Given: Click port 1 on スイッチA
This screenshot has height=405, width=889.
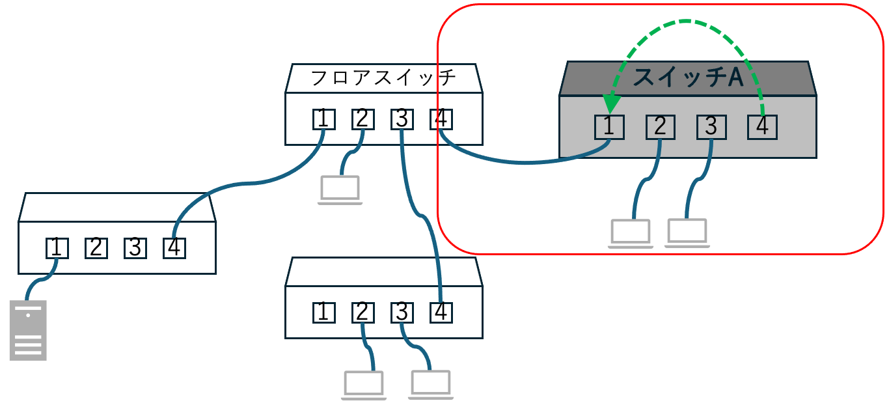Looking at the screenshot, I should (x=609, y=126).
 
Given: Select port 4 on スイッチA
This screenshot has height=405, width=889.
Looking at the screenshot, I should (x=762, y=126).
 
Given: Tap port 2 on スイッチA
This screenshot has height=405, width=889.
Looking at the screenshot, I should (x=660, y=126).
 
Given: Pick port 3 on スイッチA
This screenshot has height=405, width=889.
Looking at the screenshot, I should (x=711, y=126).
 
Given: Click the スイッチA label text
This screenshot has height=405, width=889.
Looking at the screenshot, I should (x=687, y=78).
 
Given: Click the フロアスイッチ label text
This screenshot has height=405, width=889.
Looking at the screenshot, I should (x=383, y=78).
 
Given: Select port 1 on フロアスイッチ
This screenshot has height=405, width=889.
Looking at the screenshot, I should (x=323, y=119).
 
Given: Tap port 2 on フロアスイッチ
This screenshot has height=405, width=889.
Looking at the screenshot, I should (x=362, y=119).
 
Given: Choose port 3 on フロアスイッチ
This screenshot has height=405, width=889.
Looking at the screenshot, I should (x=402, y=119).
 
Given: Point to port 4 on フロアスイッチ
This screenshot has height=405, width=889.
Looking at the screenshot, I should (x=441, y=119).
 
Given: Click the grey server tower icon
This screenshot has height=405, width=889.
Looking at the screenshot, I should (x=29, y=330).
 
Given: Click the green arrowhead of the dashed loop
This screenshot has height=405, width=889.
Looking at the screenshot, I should (x=610, y=104).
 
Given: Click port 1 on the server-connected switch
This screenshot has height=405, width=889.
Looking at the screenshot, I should (x=57, y=247).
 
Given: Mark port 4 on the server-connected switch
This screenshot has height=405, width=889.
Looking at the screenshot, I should (x=174, y=247).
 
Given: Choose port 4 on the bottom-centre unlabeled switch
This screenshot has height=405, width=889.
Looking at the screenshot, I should (x=441, y=313).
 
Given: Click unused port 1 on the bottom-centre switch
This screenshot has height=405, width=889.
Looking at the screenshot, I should (x=323, y=313).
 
